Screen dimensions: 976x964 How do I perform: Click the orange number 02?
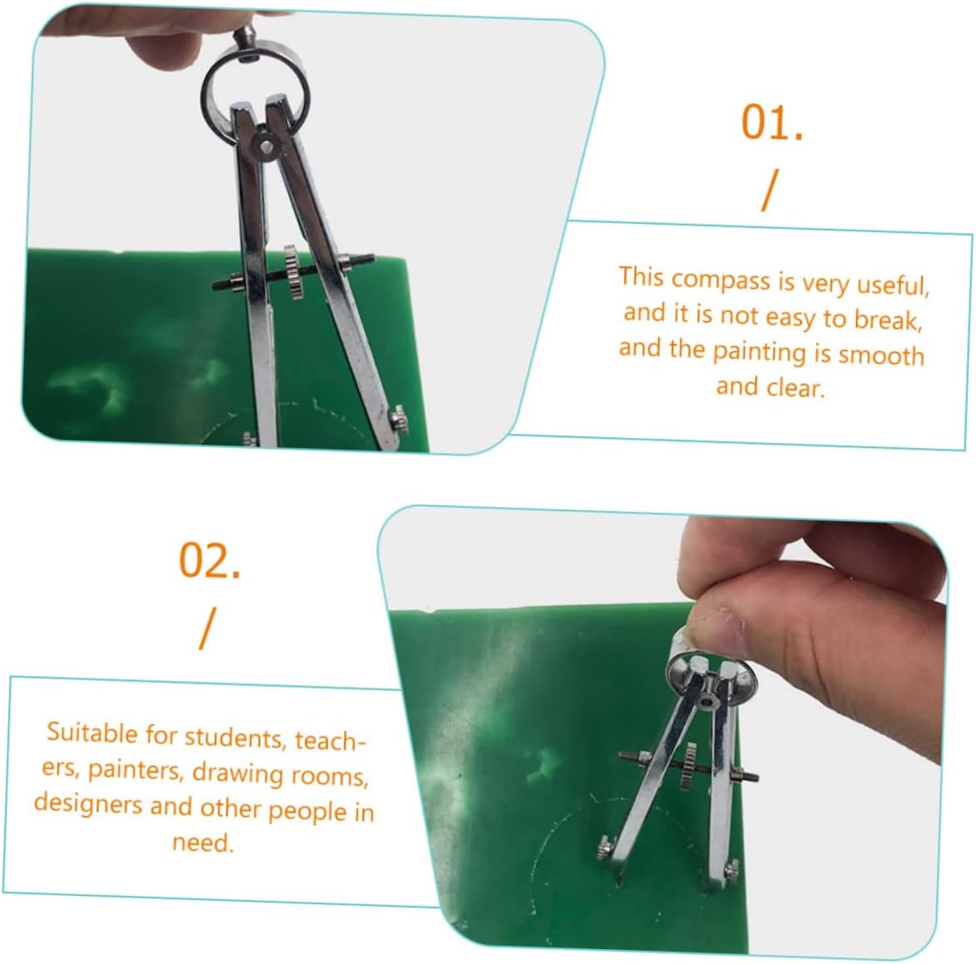[209, 561]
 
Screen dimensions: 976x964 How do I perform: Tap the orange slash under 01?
[770, 191]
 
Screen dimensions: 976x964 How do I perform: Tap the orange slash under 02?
[208, 629]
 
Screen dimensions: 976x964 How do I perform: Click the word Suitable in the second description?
[92, 733]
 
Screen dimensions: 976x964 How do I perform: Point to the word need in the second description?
[202, 843]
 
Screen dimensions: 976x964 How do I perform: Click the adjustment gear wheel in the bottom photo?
[687, 767]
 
